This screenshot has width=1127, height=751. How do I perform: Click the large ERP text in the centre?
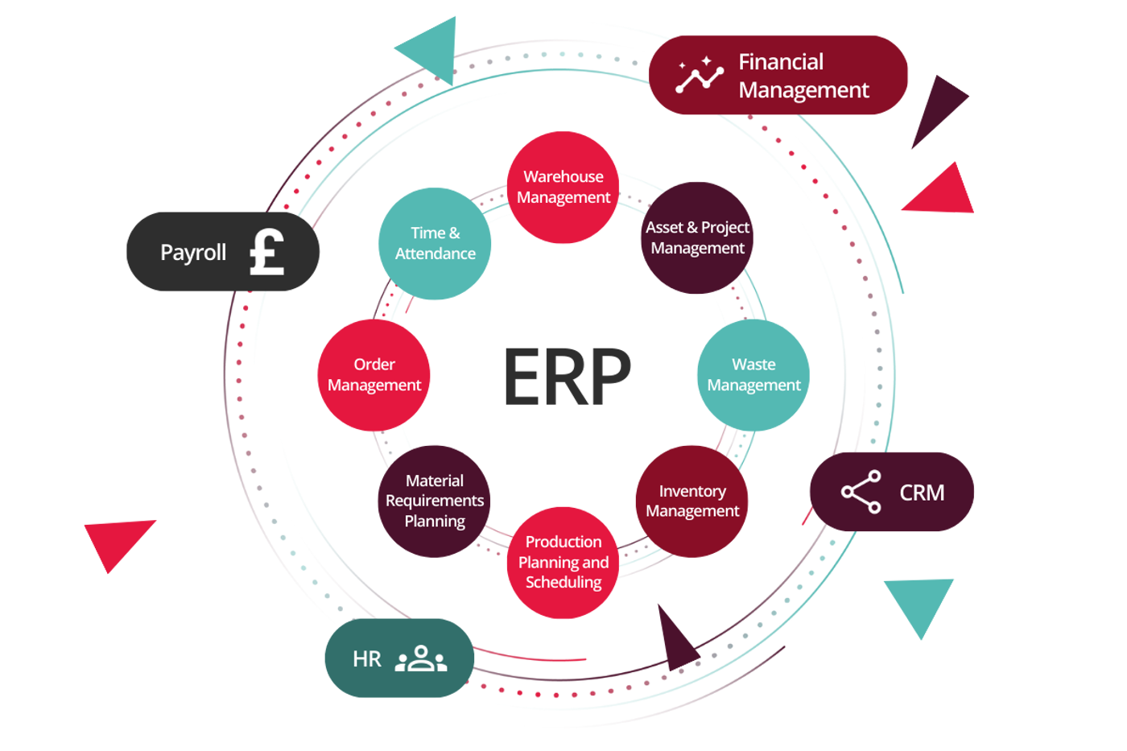[567, 375]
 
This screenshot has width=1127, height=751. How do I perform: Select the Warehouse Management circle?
[563, 188]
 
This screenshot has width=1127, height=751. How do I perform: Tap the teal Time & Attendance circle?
[435, 244]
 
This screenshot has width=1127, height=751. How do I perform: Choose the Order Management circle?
[374, 375]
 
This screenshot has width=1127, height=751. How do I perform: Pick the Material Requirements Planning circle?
[434, 501]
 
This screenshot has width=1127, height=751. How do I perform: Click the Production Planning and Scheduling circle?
[563, 563]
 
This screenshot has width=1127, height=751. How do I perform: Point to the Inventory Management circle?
[691, 501]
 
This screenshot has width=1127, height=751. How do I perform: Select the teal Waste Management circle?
[753, 375]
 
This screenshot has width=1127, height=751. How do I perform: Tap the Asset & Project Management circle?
[697, 238]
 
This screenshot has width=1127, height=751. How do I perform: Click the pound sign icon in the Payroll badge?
[267, 252]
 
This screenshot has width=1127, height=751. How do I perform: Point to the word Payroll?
[193, 253]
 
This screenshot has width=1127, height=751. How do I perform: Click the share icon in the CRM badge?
[861, 492]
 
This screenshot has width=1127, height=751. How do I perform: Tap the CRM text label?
[922, 493]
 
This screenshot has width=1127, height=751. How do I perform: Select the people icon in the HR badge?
[420, 658]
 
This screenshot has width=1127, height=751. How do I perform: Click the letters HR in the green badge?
[367, 659]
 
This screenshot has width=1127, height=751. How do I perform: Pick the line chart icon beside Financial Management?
[699, 75]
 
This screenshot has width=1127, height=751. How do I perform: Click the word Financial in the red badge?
[781, 62]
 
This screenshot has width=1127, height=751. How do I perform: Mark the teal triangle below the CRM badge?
[919, 602]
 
